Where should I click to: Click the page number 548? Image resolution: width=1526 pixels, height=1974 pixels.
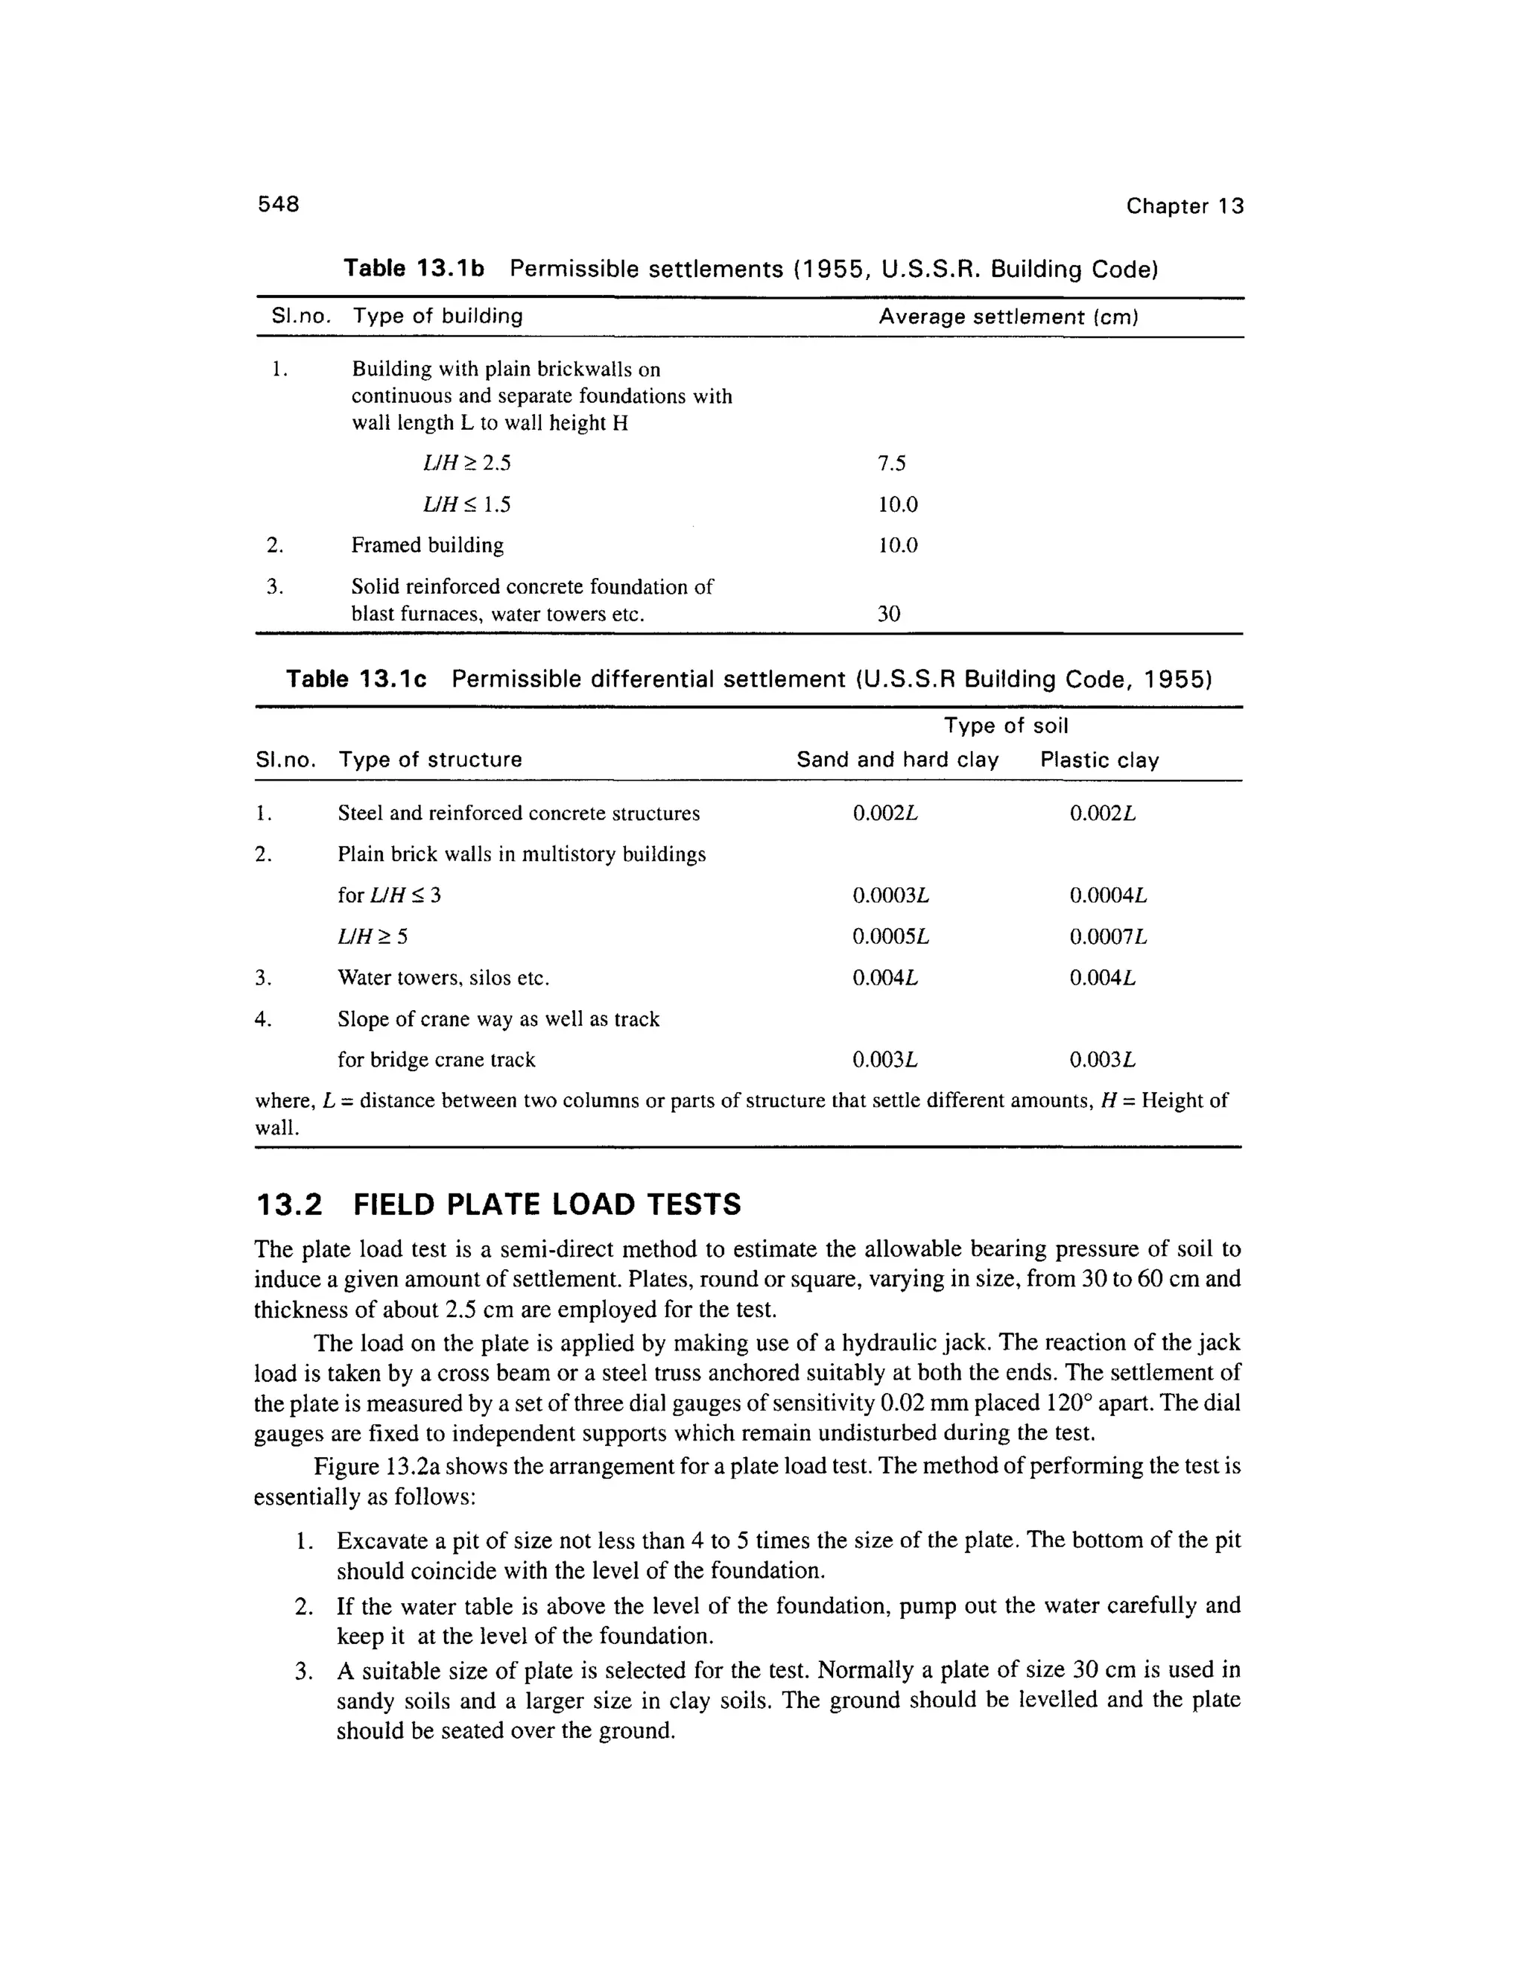pos(279,204)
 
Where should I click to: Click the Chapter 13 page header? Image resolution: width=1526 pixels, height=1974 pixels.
pos(1184,206)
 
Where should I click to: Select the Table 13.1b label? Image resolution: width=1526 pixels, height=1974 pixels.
pos(414,268)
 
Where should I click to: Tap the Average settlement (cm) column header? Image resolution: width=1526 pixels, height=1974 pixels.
pos(1008,317)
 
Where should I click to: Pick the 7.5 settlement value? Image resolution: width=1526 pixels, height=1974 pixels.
pos(891,463)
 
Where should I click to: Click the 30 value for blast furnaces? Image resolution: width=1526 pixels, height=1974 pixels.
pos(889,615)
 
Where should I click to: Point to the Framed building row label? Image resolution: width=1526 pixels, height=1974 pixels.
pos(427,545)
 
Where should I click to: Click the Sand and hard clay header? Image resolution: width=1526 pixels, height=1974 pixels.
pos(897,760)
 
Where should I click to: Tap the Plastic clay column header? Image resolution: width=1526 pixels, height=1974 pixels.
pos(1099,760)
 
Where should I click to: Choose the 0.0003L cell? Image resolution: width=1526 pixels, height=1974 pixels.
pos(890,895)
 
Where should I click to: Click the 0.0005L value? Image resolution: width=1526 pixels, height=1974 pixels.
pos(890,936)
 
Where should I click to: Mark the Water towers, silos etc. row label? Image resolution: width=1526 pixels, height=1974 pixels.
pos(443,978)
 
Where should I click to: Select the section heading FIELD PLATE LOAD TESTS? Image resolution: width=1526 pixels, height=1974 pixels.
pos(547,1205)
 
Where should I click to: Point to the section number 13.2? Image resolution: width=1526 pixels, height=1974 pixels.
pos(289,1205)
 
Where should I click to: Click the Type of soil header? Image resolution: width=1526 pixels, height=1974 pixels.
pos(1005,726)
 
